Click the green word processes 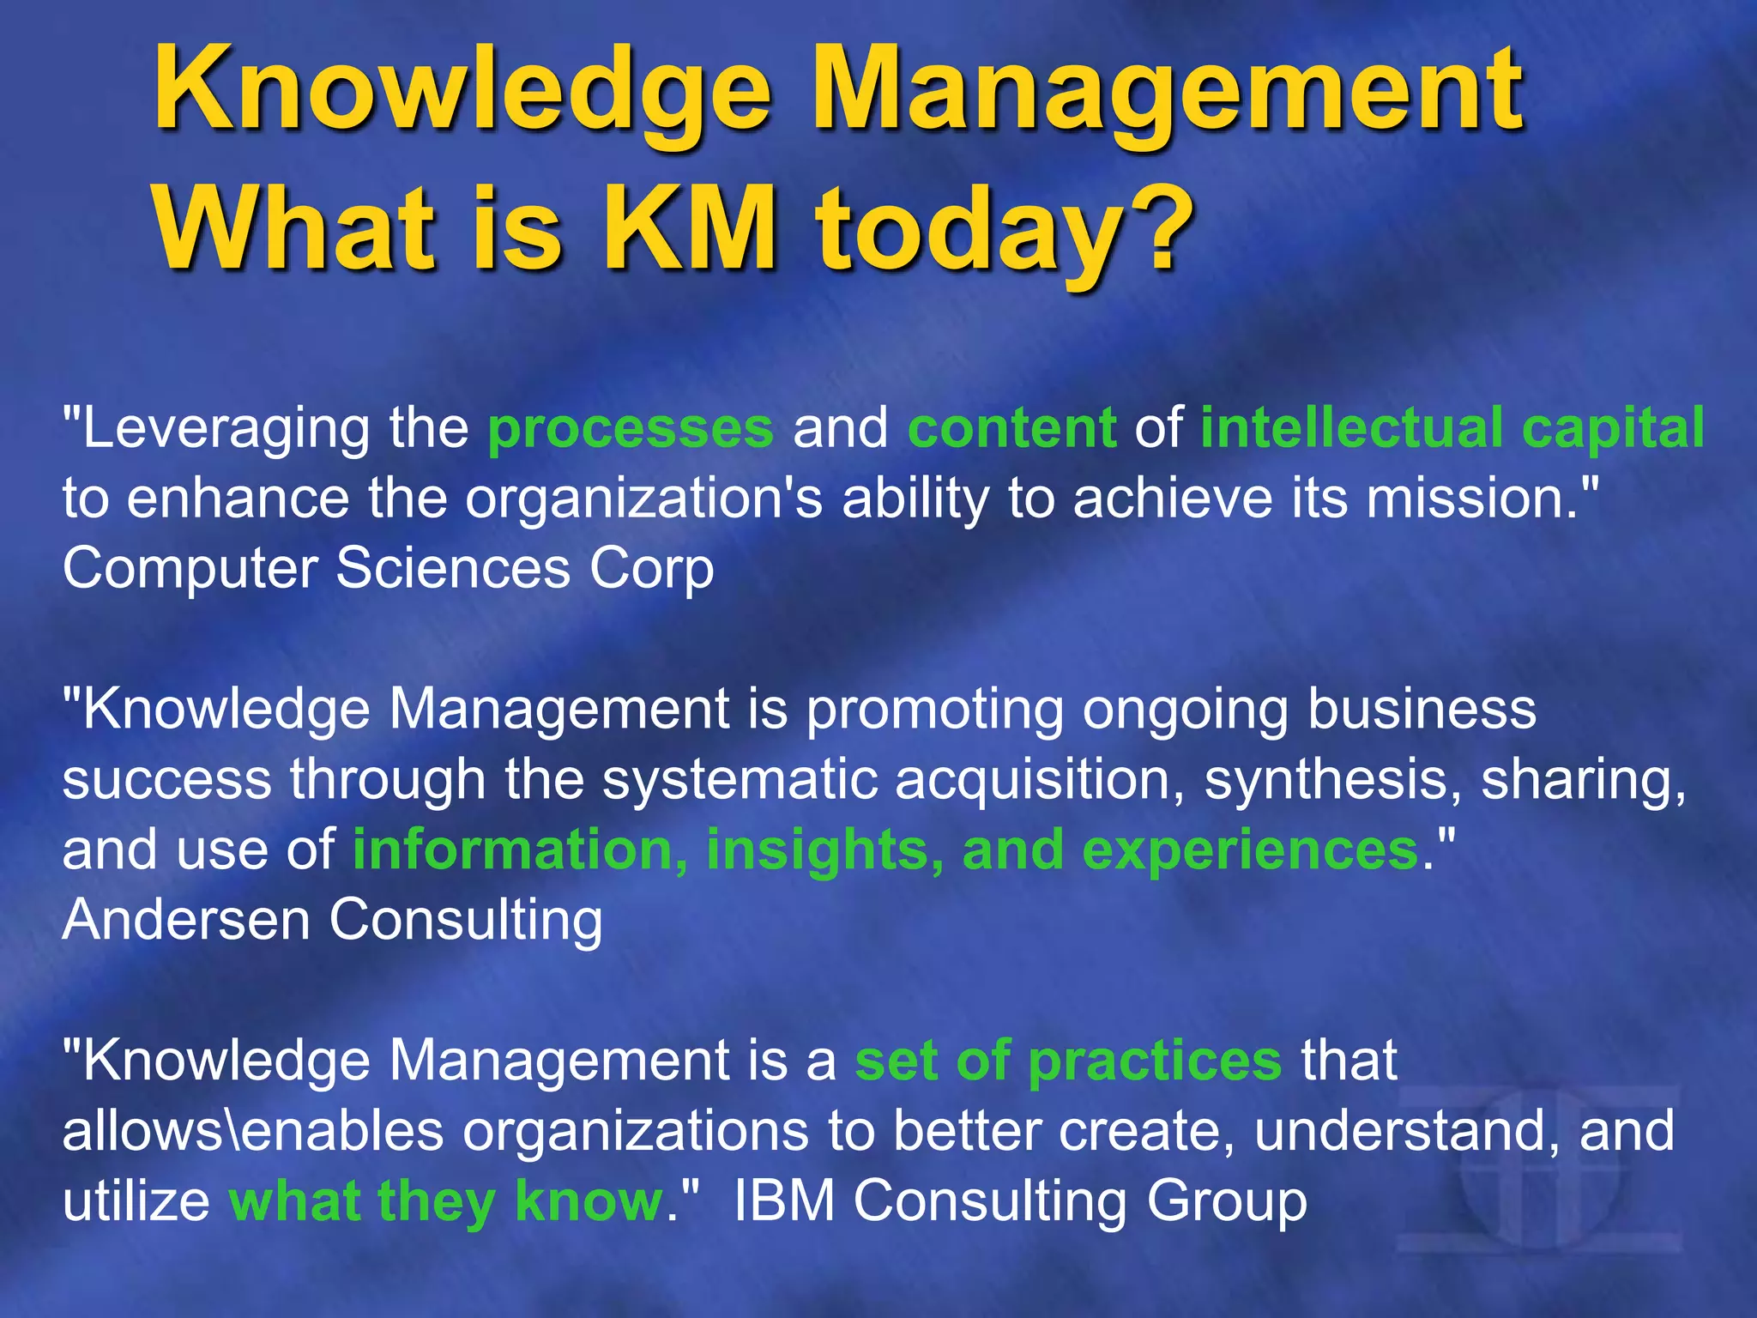(x=631, y=429)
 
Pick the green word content (x=1012, y=429)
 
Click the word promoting (x=935, y=710)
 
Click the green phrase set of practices (x=1068, y=1061)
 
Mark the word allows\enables (x=253, y=1131)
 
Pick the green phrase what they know (x=446, y=1201)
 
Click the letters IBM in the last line (x=784, y=1201)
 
